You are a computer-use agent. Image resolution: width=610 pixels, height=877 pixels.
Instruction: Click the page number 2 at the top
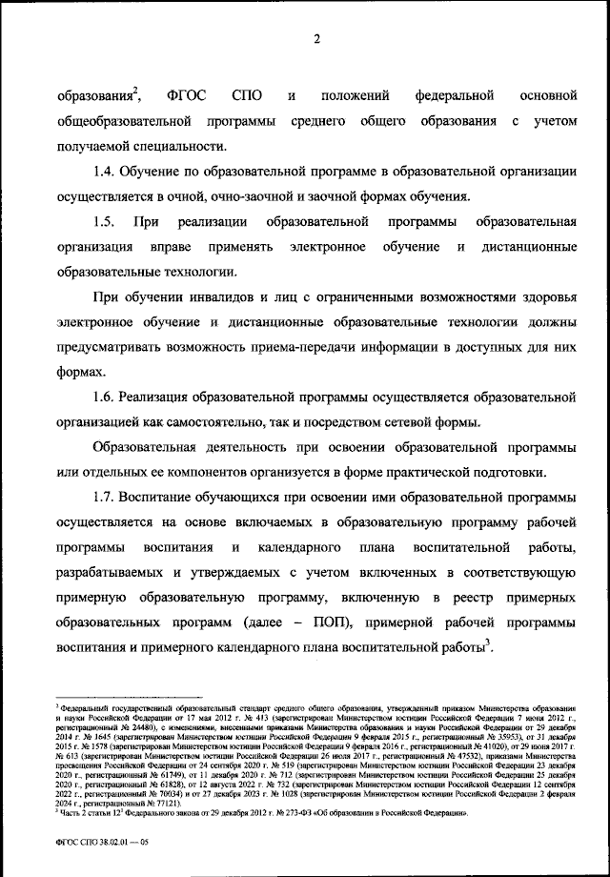pos(317,39)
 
